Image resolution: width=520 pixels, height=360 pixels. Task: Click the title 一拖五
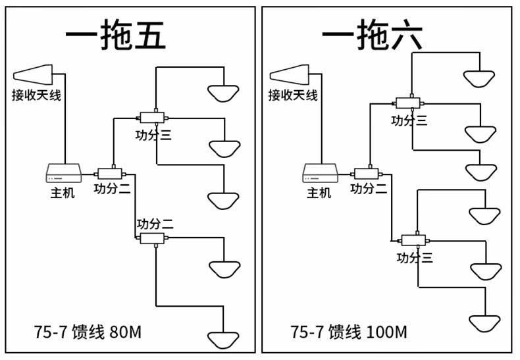click(x=116, y=35)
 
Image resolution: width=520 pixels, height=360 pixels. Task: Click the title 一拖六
click(x=373, y=34)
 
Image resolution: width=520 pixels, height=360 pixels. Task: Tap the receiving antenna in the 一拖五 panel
click(x=33, y=74)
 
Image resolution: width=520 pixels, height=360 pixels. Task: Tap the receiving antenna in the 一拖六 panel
click(x=289, y=74)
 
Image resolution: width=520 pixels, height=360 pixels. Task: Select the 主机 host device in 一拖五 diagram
click(x=63, y=173)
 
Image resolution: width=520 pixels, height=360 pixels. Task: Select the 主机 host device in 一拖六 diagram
click(x=320, y=173)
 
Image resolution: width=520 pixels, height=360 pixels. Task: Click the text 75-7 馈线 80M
click(x=88, y=332)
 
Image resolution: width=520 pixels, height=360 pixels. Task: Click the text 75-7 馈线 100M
click(x=349, y=332)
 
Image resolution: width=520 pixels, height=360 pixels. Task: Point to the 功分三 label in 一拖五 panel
click(x=153, y=135)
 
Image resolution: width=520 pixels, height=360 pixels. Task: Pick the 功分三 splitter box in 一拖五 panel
click(x=152, y=118)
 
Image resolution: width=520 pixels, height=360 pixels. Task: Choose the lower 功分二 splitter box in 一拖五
click(x=152, y=238)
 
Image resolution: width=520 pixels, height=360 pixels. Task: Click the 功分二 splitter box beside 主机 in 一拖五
click(x=110, y=174)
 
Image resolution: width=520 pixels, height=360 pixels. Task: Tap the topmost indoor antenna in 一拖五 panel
click(x=223, y=93)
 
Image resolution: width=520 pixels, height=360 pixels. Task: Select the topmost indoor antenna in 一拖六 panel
click(x=479, y=79)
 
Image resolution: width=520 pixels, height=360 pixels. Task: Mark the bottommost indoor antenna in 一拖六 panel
click(x=485, y=324)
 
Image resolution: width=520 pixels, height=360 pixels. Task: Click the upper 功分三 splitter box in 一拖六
click(x=408, y=103)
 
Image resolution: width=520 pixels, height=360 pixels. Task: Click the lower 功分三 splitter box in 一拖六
click(x=413, y=240)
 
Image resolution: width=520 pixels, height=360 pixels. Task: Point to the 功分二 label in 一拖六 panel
click(x=369, y=189)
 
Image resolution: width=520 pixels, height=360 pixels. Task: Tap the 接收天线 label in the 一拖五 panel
click(x=36, y=95)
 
